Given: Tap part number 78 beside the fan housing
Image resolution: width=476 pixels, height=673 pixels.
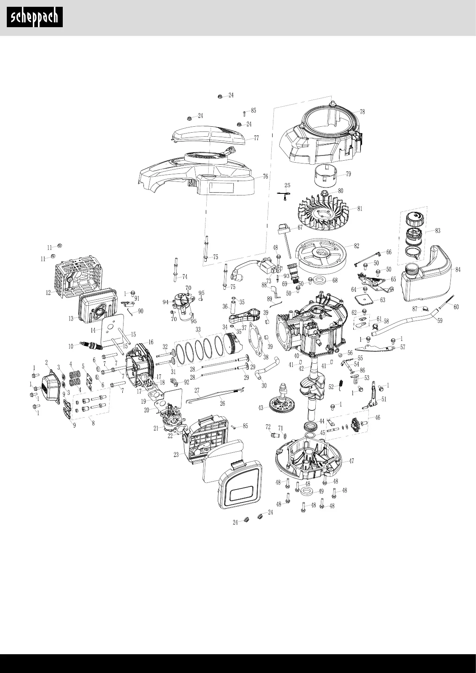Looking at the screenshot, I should (x=362, y=112).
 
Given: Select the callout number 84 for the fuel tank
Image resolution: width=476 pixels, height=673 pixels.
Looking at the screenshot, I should (x=458, y=270).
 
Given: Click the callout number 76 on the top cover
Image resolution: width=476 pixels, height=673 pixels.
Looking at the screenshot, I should (x=265, y=177).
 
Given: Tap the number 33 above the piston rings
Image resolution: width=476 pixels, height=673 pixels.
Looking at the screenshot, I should (x=198, y=330).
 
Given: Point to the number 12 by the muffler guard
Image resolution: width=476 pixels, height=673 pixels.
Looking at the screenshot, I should (x=48, y=293).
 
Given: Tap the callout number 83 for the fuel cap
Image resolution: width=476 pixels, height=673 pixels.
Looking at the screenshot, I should (x=438, y=231).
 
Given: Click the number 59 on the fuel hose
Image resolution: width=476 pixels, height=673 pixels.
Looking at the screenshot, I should (x=440, y=320).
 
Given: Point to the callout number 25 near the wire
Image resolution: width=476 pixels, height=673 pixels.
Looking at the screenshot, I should (x=287, y=185).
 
